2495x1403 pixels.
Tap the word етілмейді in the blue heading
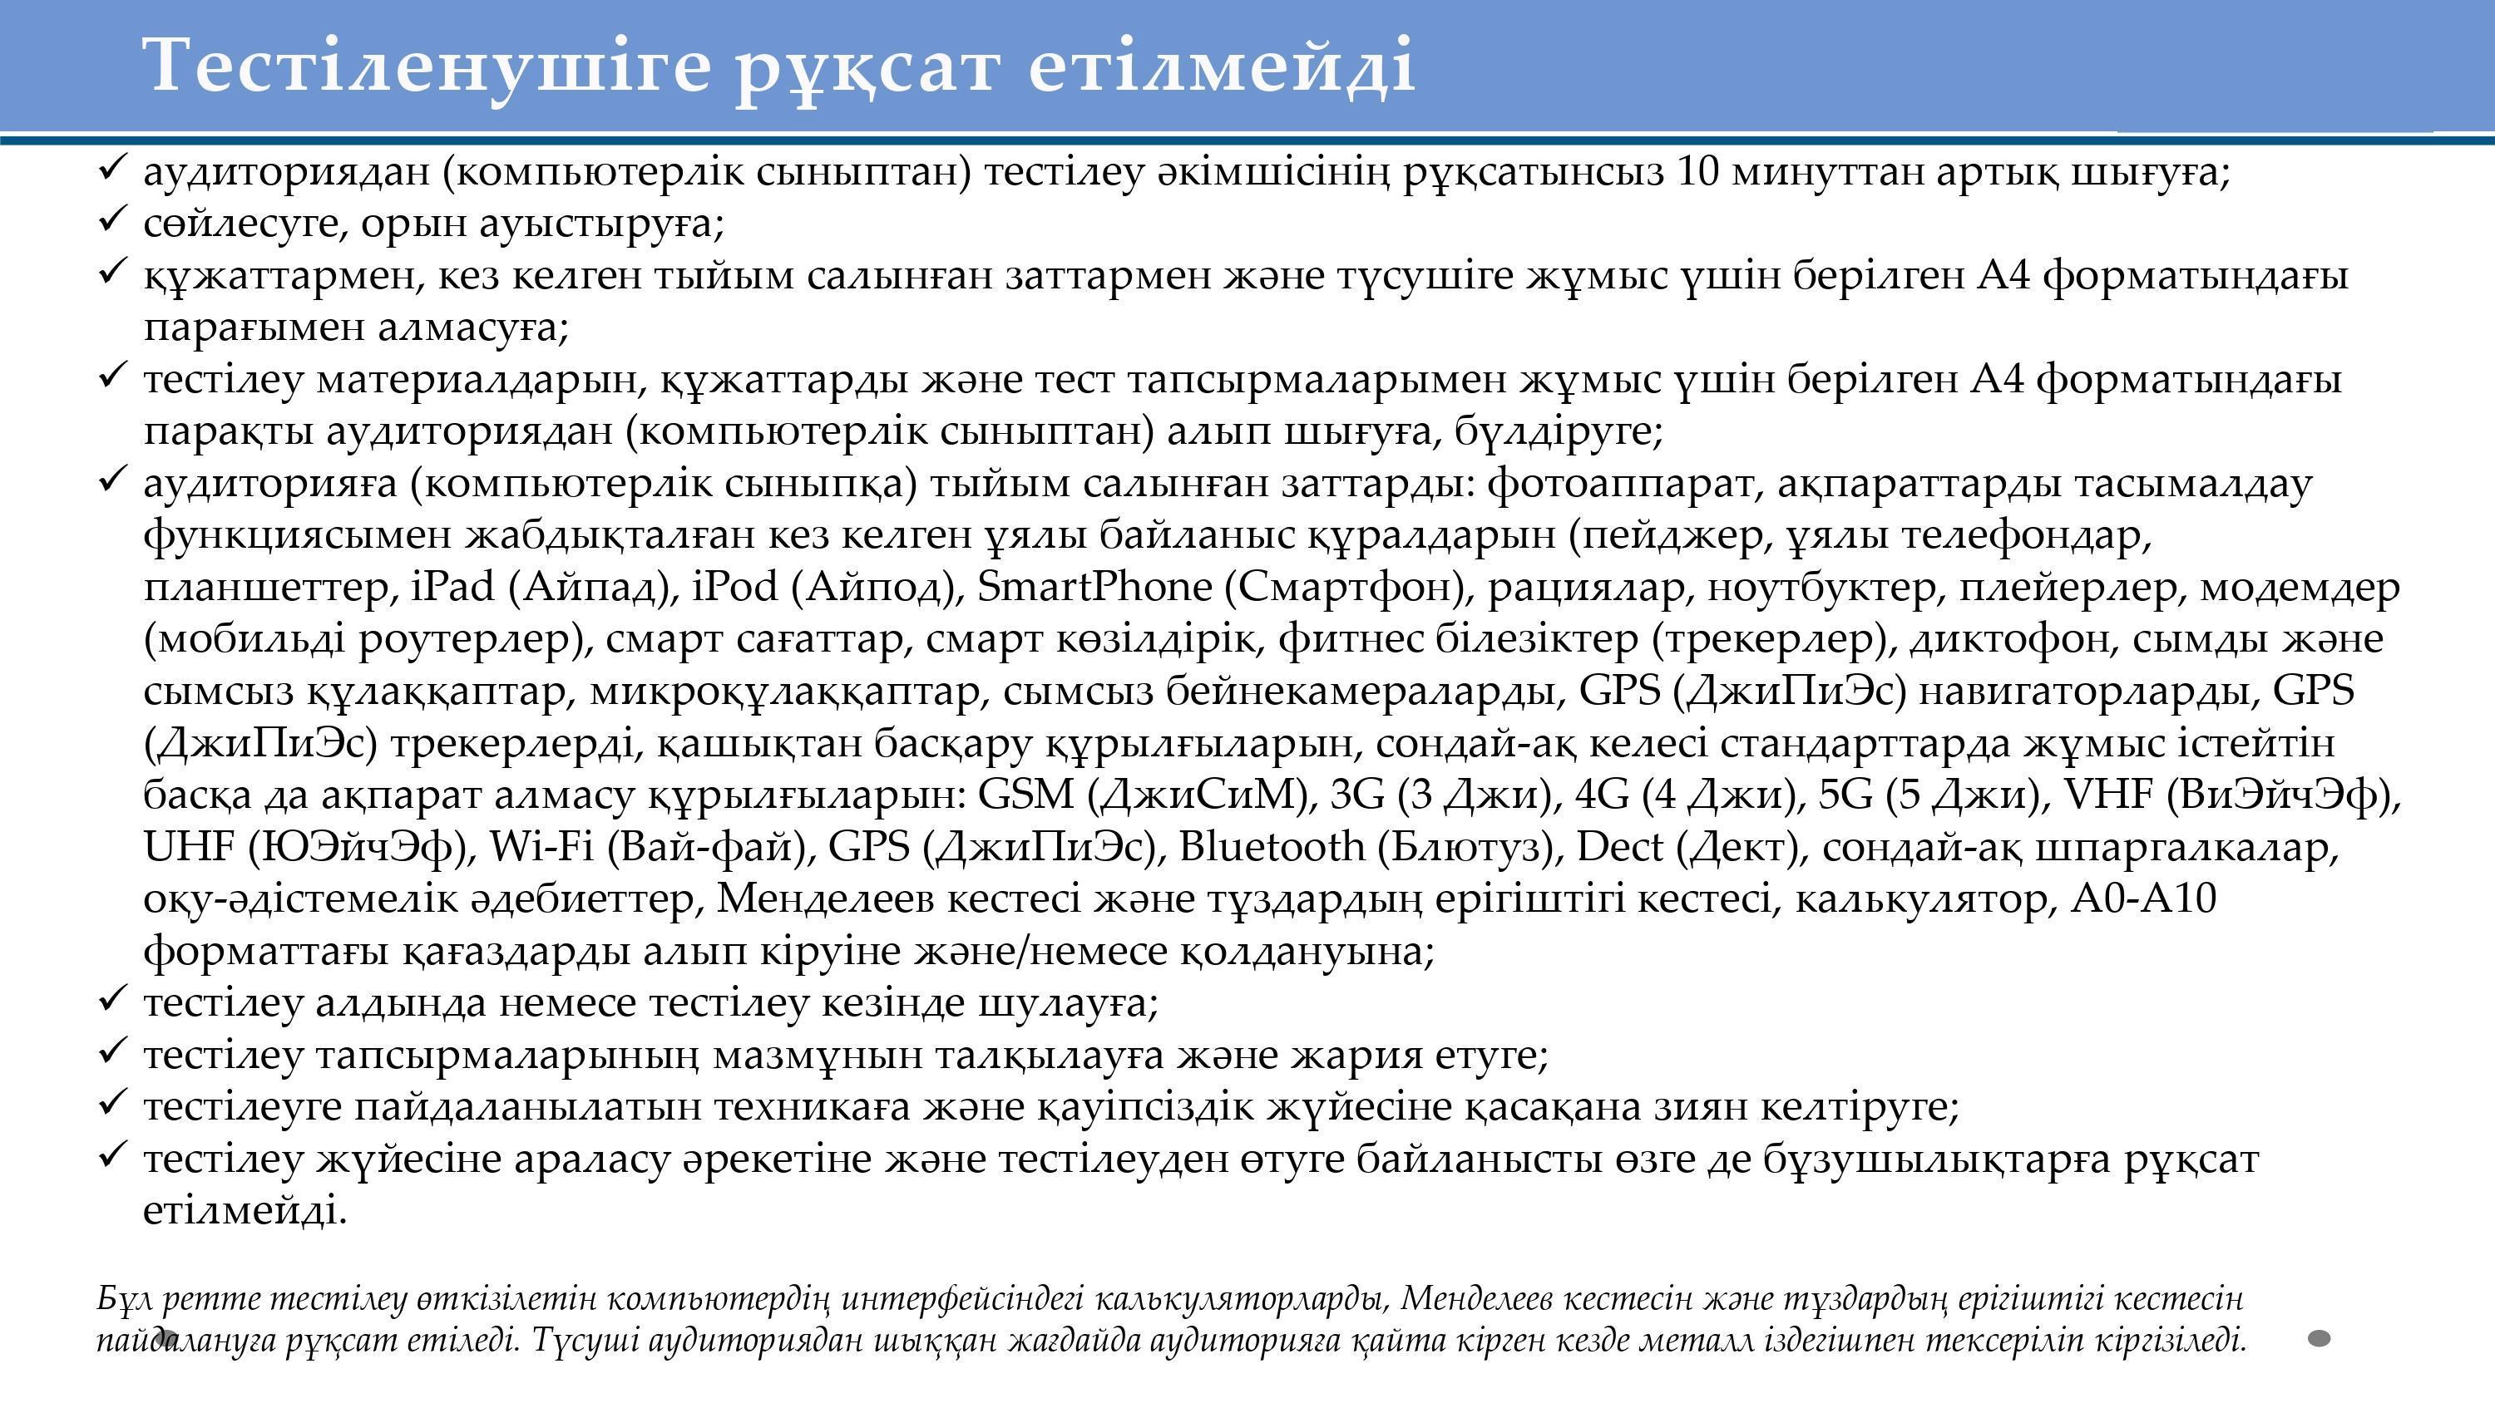1222,66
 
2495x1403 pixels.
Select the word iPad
453,587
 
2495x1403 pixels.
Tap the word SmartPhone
1094,587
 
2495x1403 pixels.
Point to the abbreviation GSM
1025,795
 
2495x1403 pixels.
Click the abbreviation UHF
189,847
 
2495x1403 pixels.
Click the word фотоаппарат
1624,482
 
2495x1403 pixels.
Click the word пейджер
1677,534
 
